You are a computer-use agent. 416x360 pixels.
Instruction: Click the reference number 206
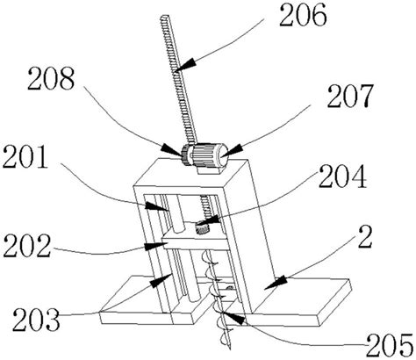point(303,15)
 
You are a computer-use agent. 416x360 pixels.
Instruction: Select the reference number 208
point(51,78)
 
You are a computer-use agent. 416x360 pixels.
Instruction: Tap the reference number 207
point(350,96)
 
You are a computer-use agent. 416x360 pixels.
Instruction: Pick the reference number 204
point(342,176)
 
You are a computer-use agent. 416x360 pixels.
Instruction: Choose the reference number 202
point(27,247)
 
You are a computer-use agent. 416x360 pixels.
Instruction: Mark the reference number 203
point(36,319)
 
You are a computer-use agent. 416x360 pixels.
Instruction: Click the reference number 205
point(390,345)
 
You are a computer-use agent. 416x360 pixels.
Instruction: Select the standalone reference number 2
point(365,237)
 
